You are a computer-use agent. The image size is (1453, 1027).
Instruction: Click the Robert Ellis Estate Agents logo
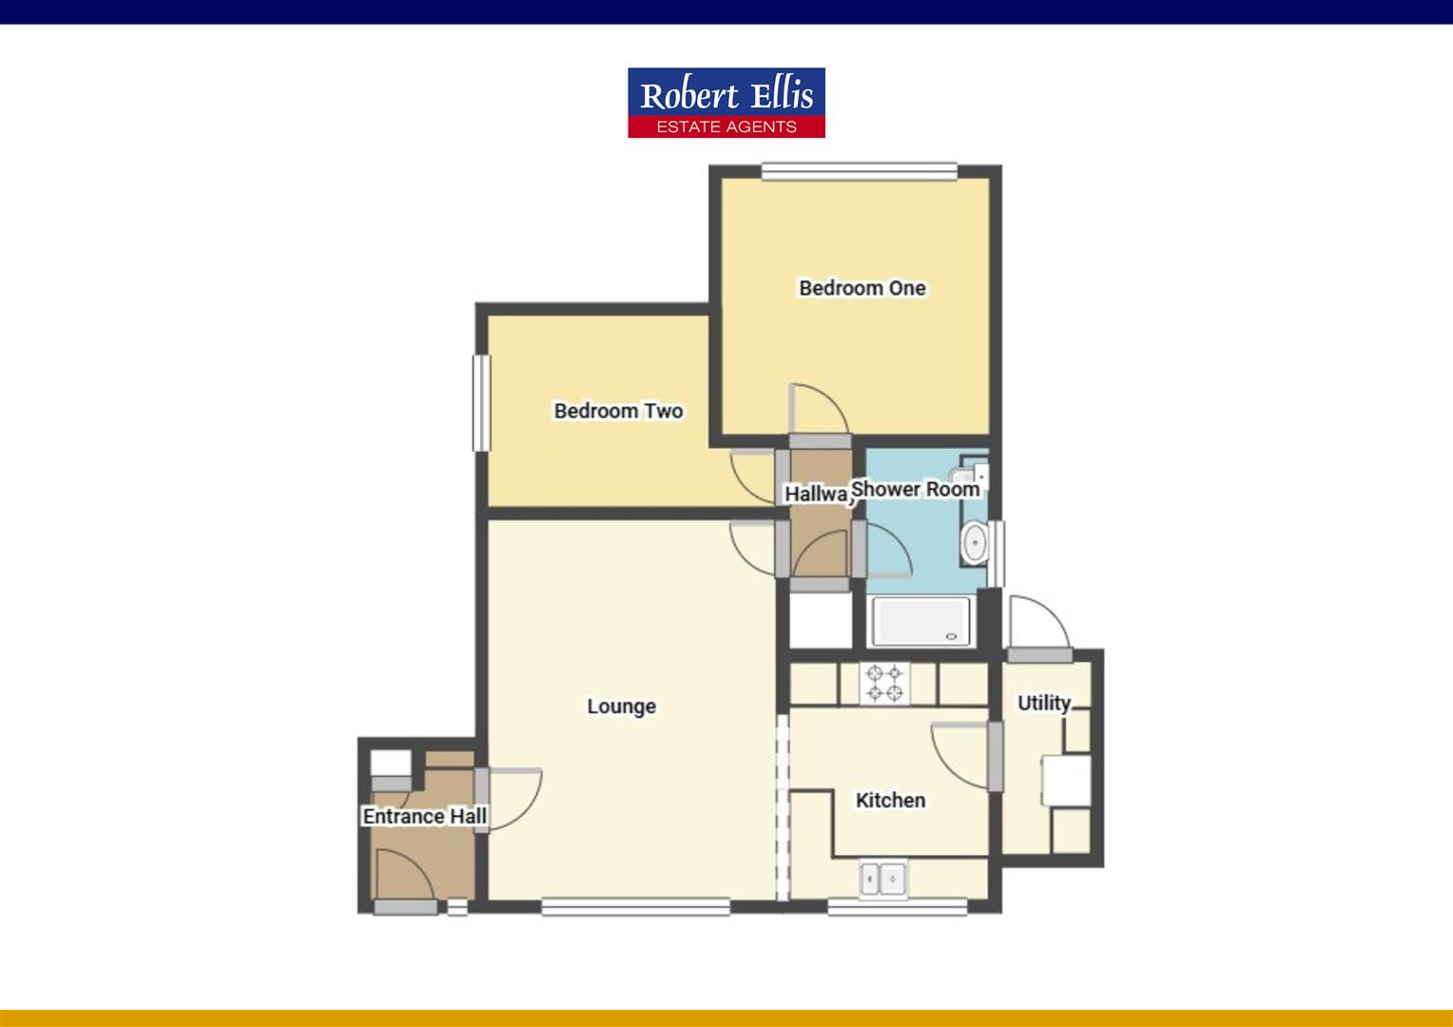(x=726, y=103)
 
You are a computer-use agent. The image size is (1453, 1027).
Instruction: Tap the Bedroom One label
(x=862, y=288)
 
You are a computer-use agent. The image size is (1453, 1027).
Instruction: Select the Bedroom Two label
(x=618, y=411)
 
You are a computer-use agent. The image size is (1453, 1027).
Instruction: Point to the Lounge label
(x=621, y=707)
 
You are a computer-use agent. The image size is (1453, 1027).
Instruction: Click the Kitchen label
(x=890, y=801)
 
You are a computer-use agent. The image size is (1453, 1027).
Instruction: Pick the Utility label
(x=1043, y=704)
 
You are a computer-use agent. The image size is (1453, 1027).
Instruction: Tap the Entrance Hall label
(x=424, y=816)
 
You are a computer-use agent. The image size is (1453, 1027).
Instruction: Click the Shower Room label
(x=915, y=489)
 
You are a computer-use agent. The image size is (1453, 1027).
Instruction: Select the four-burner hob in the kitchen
(x=884, y=683)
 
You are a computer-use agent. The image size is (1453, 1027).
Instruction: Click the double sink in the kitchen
(x=883, y=879)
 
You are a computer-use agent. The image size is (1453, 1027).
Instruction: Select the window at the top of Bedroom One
(x=859, y=172)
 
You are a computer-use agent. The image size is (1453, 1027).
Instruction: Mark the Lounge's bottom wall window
(x=635, y=907)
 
